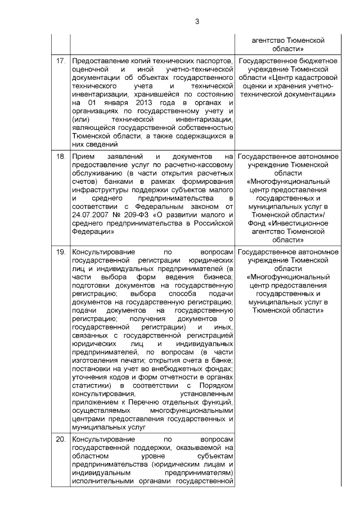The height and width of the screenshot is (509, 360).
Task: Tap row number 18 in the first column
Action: click(60, 155)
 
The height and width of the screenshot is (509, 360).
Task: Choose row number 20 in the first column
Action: click(60, 439)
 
